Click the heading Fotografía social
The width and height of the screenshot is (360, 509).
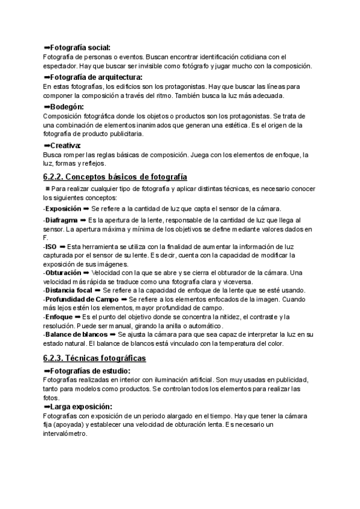tap(80, 47)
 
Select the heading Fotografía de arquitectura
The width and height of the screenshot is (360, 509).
tap(96, 77)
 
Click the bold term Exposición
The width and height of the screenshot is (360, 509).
tap(64, 209)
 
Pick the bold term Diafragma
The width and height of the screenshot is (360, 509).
tap(61, 221)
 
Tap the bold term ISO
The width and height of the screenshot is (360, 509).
tap(51, 247)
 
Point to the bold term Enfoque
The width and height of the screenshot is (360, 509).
tap(59, 316)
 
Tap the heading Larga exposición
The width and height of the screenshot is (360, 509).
tap(82, 407)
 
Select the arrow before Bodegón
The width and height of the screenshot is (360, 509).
tap(47, 107)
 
